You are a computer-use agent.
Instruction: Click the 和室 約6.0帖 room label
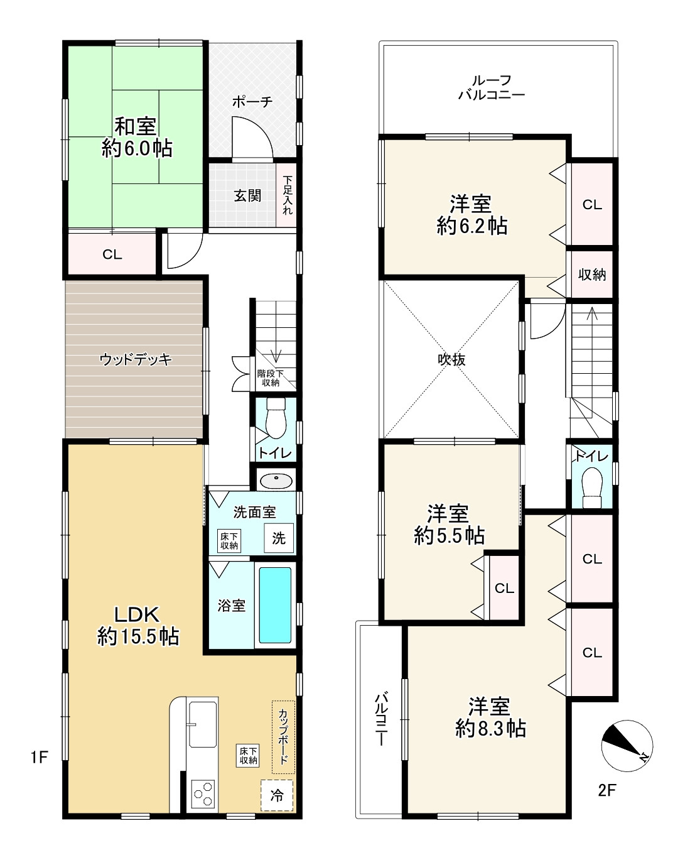(137, 138)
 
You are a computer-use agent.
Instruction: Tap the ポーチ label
(252, 102)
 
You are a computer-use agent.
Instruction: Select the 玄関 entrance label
(247, 196)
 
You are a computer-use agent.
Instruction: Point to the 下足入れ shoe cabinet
(287, 195)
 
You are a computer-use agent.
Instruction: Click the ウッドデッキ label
(136, 359)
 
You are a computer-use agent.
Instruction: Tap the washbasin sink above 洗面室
(276, 481)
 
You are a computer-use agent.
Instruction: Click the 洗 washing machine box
(279, 538)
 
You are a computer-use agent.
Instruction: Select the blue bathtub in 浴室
(275, 605)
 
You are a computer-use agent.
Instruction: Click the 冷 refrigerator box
(277, 795)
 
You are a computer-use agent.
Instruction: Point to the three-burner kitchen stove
(203, 794)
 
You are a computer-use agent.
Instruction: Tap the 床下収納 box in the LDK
(247, 756)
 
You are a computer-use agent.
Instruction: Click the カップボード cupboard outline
(284, 737)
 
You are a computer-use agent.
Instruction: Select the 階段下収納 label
(270, 378)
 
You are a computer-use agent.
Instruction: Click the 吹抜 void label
(451, 359)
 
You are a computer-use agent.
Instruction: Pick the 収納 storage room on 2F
(591, 275)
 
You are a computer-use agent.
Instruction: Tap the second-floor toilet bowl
(592, 487)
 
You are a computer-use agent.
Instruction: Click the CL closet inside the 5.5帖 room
(504, 587)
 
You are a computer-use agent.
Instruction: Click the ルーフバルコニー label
(492, 87)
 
